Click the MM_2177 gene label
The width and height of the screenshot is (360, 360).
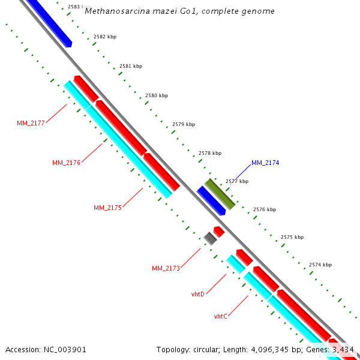pyautogui.click(x=31, y=123)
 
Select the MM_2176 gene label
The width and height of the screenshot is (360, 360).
pyautogui.click(x=66, y=163)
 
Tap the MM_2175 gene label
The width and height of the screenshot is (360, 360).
pyautogui.click(x=107, y=208)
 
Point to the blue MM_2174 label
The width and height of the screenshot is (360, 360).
pyautogui.click(x=265, y=163)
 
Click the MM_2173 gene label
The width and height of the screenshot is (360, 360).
pyautogui.click(x=166, y=268)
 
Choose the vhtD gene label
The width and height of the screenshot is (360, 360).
pyautogui.click(x=198, y=294)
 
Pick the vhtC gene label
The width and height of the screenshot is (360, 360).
pyautogui.click(x=220, y=316)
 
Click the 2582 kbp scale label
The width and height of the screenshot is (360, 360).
pyautogui.click(x=105, y=37)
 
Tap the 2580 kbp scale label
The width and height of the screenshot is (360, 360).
pyautogui.click(x=157, y=95)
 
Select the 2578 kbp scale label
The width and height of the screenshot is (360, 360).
pyautogui.click(x=210, y=153)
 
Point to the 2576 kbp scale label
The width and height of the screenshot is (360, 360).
pyautogui.click(x=265, y=209)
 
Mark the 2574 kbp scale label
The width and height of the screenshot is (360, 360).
pyautogui.click(x=320, y=265)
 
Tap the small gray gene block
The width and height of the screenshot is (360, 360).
pyautogui.click(x=210, y=238)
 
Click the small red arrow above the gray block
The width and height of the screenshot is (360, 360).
pyautogui.click(x=219, y=231)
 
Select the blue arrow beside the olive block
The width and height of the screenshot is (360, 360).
pyautogui.click(x=211, y=200)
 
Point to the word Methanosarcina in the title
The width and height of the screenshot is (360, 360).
pyautogui.click(x=113, y=11)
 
